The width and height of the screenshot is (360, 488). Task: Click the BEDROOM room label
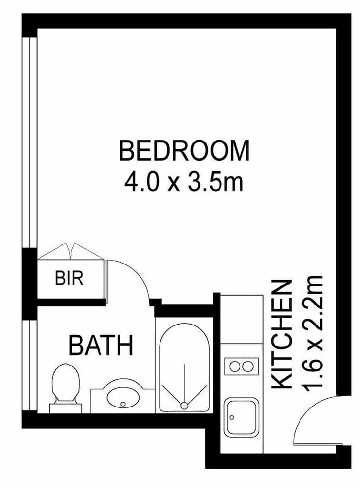(x=184, y=151)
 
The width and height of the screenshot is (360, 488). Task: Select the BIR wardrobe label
(x=69, y=279)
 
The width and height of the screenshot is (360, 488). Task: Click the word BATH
(x=101, y=345)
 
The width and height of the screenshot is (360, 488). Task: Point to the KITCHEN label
(x=282, y=334)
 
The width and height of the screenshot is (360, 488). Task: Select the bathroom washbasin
(x=122, y=397)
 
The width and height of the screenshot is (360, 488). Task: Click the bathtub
(x=184, y=366)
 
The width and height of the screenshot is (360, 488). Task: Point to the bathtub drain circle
(x=184, y=405)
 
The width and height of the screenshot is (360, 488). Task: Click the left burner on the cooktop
(x=235, y=366)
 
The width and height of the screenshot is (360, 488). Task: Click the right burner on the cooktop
(x=248, y=366)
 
